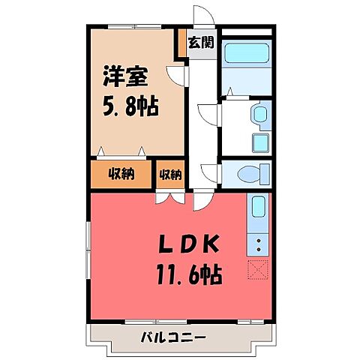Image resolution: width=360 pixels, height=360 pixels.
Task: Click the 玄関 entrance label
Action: click(201, 43)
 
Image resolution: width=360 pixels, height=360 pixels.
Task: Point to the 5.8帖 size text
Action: click(130, 106)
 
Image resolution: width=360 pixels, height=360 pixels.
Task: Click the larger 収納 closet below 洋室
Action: click(121, 175)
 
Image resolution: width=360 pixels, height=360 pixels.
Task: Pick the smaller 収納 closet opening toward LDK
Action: click(170, 175)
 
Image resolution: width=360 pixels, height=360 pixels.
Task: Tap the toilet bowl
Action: click(247, 175)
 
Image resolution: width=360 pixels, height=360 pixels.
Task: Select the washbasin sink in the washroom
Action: click(259, 115)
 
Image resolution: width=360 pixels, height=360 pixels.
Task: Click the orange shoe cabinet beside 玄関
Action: click(181, 43)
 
